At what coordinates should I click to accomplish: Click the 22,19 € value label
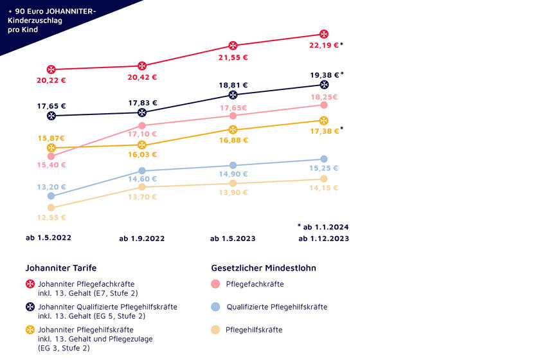(323, 45)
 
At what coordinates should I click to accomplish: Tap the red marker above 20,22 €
(51, 69)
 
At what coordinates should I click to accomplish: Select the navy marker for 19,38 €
(324, 85)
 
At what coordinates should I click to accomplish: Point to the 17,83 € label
(143, 103)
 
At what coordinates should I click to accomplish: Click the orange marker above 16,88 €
(233, 130)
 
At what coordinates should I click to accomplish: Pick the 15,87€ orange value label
(51, 138)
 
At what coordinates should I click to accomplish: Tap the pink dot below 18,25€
(324, 105)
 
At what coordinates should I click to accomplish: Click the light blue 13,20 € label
(51, 187)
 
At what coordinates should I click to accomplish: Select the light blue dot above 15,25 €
(324, 159)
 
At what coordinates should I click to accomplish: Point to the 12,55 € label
(51, 217)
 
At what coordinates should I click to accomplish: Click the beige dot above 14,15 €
(324, 179)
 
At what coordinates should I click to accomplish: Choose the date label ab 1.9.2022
(141, 239)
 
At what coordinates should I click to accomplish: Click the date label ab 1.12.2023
(323, 239)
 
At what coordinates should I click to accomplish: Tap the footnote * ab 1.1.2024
(323, 227)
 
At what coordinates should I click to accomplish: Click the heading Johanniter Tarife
(60, 268)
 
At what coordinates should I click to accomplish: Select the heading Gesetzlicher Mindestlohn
(264, 268)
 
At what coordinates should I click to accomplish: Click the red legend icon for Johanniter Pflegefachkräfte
(30, 284)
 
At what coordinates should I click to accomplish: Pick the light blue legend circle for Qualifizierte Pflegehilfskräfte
(216, 307)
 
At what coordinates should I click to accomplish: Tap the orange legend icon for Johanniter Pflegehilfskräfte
(30, 330)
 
